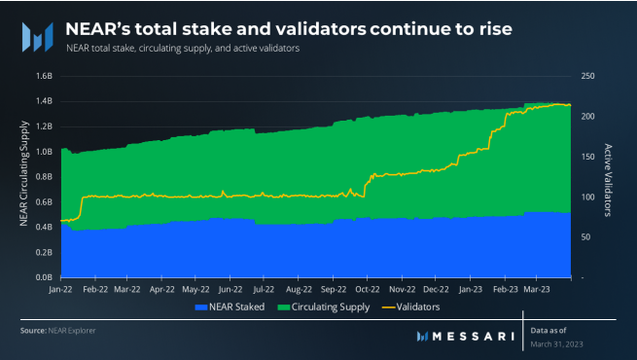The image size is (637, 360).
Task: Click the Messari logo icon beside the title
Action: pyautogui.click(x=37, y=34)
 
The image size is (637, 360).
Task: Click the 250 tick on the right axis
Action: pyautogui.click(x=588, y=76)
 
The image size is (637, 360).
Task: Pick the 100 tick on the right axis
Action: pyautogui.click(x=588, y=197)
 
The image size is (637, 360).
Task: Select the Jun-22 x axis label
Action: pyautogui.click(x=230, y=289)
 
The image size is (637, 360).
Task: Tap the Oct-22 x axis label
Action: pyautogui.click(x=368, y=289)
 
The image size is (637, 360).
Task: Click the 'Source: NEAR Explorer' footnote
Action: pyautogui.click(x=58, y=331)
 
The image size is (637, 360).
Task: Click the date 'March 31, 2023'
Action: pyautogui.click(x=559, y=343)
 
